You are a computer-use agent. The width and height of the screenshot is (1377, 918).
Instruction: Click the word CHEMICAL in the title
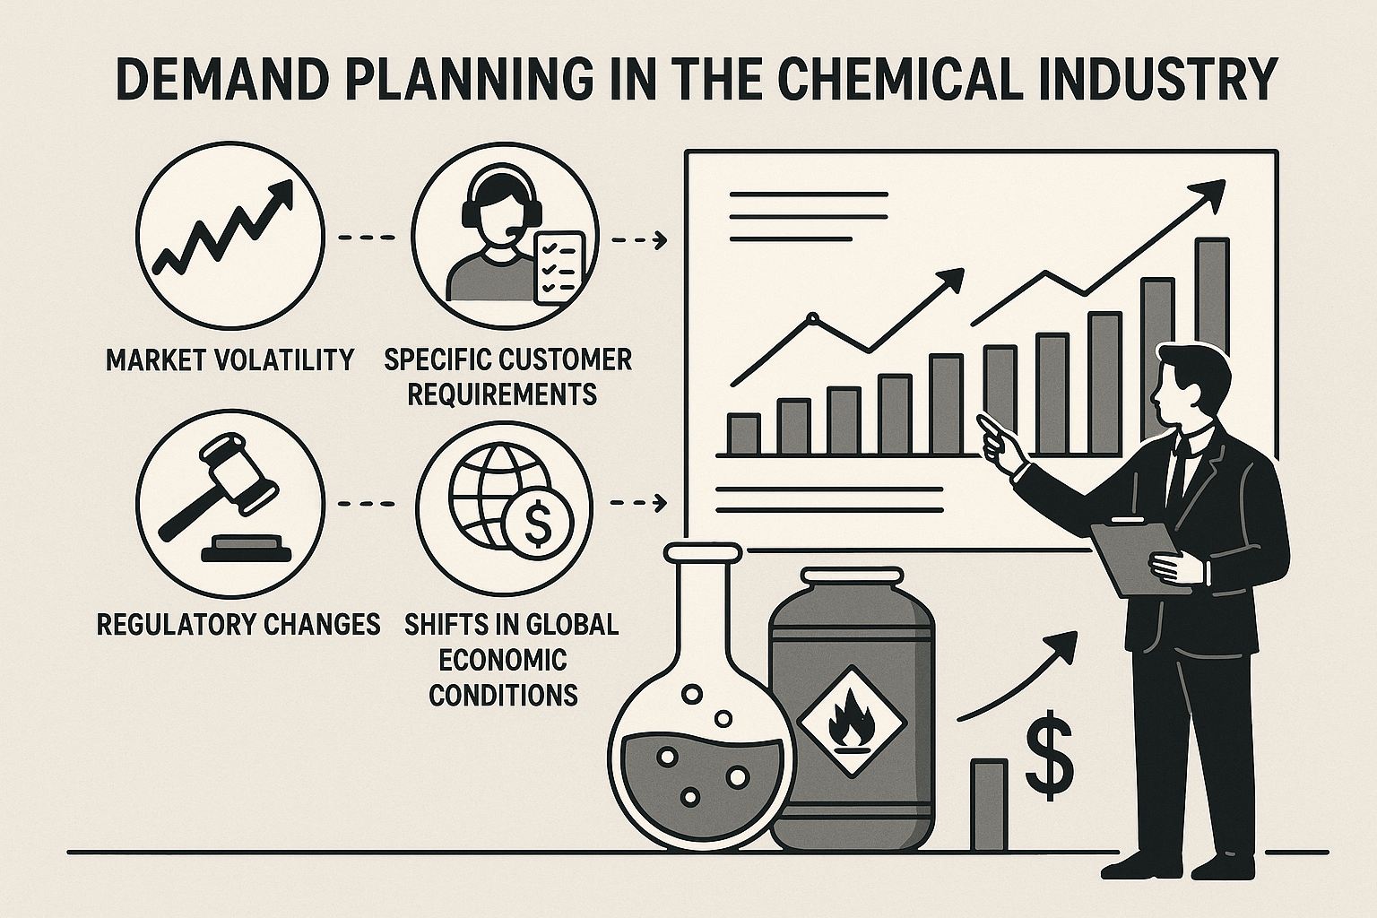914,80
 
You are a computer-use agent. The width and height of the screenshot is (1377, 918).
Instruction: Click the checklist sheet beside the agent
559,266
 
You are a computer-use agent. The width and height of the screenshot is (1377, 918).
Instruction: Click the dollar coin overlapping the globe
537,520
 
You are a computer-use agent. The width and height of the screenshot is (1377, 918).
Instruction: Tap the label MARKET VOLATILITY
229,360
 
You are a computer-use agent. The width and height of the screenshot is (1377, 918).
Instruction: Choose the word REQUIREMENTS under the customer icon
502,394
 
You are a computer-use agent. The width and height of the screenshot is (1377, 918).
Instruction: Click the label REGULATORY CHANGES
238,626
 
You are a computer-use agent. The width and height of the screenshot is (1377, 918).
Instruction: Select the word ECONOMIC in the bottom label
502,661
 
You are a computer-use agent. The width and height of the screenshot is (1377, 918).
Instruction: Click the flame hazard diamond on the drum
853,722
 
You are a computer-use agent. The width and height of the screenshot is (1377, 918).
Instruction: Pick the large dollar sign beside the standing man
1050,756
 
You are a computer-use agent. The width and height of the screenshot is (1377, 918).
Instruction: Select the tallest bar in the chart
1212,332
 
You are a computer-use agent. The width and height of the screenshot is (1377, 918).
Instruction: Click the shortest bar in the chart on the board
744,434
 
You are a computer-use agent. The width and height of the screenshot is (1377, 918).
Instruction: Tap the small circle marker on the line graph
813,318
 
